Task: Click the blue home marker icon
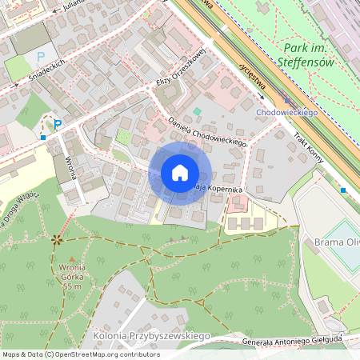180,173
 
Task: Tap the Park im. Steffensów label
307,55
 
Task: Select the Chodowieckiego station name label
287,113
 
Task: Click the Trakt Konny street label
309,147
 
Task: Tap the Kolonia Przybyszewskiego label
151,335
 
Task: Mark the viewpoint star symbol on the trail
56,238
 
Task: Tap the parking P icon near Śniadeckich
41,58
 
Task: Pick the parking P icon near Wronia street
57,124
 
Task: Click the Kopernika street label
224,189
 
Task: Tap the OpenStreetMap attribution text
81,354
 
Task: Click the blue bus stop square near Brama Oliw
343,190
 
